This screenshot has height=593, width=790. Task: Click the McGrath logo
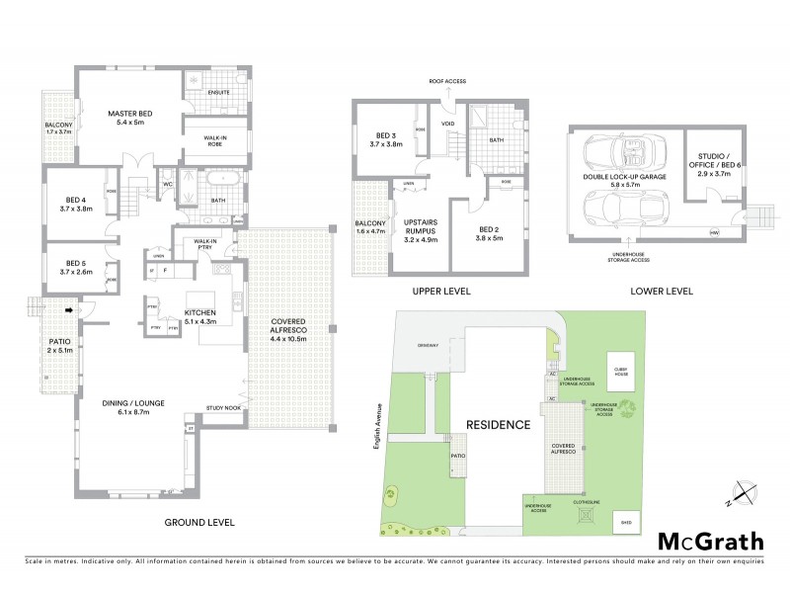pos(711,541)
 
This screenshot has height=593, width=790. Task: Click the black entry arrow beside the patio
pos(68,309)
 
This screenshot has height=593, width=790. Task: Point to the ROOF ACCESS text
pos(445,82)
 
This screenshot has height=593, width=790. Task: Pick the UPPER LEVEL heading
pos(441,292)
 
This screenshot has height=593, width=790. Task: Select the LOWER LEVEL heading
pos(661,292)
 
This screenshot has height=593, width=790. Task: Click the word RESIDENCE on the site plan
pos(497,425)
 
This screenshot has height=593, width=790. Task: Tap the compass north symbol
pos(744,490)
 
